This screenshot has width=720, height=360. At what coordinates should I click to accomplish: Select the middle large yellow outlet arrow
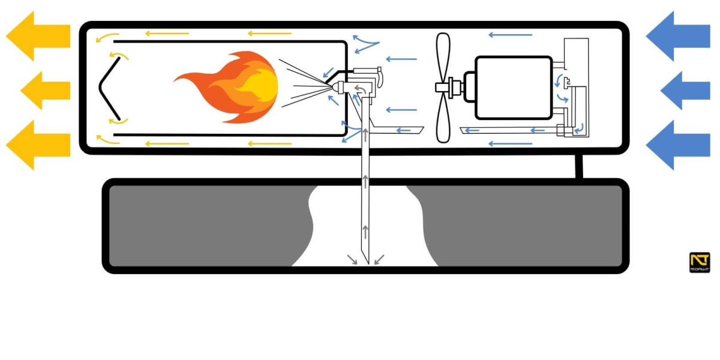45,90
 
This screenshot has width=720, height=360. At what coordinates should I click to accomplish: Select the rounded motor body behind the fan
513,88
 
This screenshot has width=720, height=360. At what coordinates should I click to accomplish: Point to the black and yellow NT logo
700,262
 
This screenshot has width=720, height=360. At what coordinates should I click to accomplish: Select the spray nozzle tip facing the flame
331,88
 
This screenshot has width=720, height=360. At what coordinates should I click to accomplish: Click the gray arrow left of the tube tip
353,259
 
